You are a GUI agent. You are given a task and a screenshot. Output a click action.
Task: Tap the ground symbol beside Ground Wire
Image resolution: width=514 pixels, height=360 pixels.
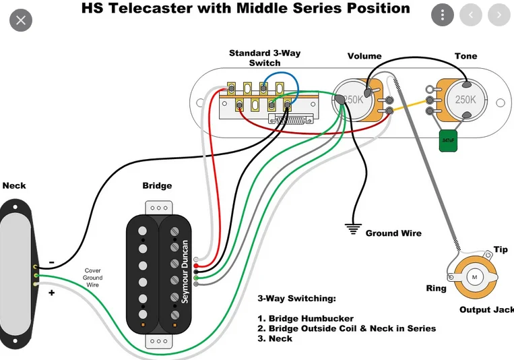352,229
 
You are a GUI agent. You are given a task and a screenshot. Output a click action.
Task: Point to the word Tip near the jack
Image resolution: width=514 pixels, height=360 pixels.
501,249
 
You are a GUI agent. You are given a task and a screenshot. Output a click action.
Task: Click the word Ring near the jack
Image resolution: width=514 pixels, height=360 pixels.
436,289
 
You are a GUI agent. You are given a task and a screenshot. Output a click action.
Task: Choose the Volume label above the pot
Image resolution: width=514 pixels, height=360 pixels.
364,56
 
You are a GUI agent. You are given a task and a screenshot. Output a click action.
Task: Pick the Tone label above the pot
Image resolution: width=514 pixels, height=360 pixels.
465,56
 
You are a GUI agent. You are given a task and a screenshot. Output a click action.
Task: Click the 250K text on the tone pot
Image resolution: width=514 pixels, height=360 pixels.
465,99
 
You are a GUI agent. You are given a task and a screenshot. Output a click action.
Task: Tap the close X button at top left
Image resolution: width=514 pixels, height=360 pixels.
21,20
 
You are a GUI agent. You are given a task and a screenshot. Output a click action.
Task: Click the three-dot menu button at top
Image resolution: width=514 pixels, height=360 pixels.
442,15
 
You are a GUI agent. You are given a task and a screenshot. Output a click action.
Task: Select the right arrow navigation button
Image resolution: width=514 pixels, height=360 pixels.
498,15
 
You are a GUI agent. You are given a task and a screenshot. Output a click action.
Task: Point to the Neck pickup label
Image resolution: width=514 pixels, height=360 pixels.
14,185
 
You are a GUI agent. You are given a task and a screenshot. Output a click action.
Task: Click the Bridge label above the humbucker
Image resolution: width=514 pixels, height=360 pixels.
157,185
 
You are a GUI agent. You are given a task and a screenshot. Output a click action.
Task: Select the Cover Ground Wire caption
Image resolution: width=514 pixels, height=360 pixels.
93,277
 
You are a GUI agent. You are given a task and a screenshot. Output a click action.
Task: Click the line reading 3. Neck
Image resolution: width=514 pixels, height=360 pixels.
275,338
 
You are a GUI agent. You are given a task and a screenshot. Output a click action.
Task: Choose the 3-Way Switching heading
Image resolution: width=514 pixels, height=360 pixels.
296,298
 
